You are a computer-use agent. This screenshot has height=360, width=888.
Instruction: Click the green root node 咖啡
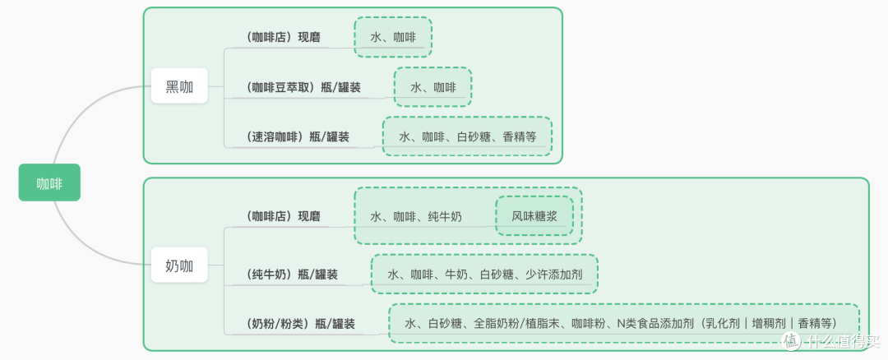tap(49, 182)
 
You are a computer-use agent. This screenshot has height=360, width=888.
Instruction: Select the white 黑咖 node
tap(179, 85)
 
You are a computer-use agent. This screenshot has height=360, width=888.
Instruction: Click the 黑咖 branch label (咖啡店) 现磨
tap(283, 37)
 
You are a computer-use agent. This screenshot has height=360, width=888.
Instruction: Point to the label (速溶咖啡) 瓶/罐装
tap(297, 136)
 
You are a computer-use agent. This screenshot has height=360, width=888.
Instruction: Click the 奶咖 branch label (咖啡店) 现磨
tap(283, 216)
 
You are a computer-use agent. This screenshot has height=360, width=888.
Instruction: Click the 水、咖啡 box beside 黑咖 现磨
tap(392, 37)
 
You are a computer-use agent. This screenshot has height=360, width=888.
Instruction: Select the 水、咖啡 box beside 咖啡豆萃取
tap(432, 86)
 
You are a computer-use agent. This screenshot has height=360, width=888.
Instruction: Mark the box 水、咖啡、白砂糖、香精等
tap(466, 136)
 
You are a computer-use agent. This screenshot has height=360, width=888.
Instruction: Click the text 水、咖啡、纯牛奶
tap(415, 216)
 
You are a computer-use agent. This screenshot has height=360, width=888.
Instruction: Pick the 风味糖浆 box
tap(534, 216)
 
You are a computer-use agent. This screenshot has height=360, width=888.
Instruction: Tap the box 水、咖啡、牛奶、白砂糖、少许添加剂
tap(484, 274)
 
